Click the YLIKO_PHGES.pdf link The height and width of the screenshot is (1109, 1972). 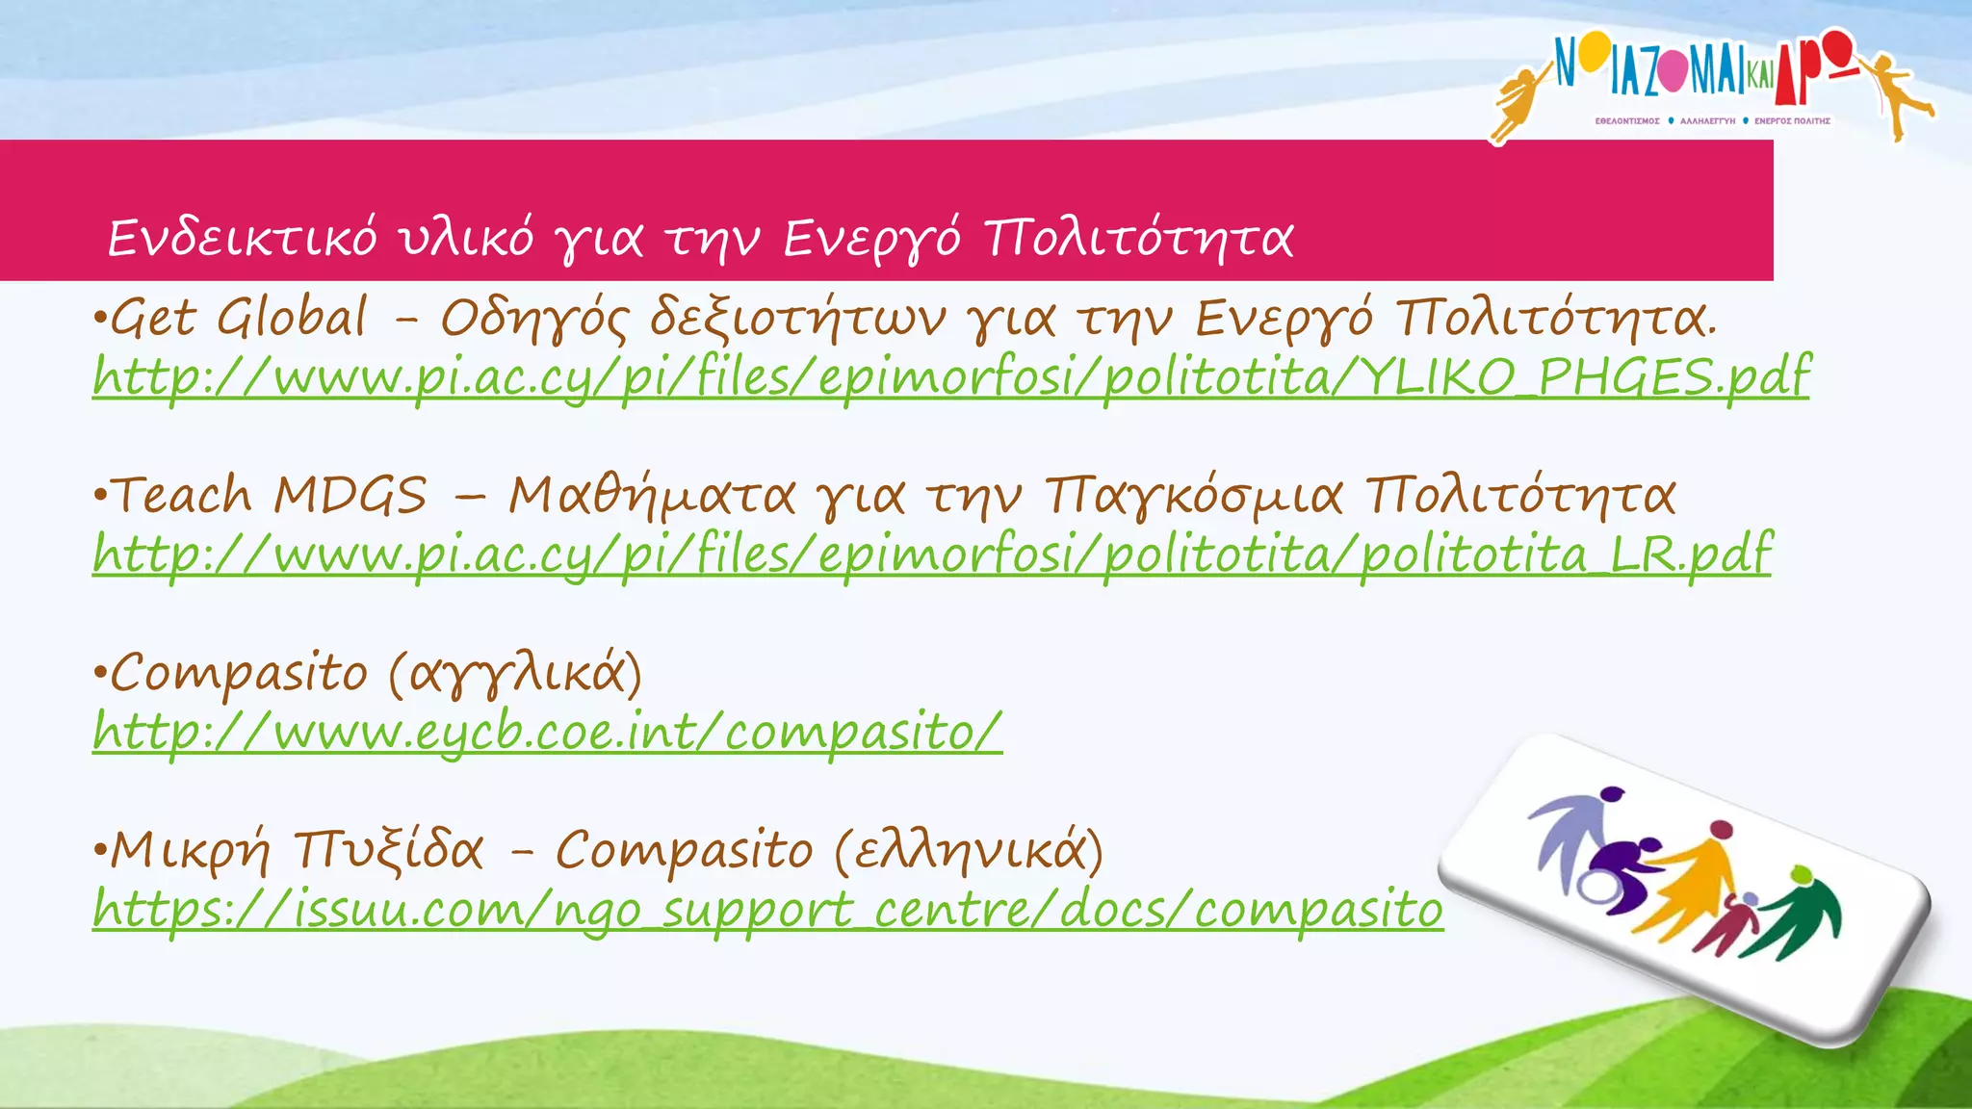click(951, 376)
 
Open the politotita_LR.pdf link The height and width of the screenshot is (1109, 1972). click(932, 554)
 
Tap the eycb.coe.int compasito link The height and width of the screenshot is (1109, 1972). click(547, 733)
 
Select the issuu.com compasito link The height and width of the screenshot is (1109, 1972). click(767, 910)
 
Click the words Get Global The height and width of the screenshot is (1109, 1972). click(240, 318)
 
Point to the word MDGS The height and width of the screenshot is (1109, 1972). click(350, 497)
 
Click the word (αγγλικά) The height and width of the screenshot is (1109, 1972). click(515, 674)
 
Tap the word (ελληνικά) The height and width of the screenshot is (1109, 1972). click(968, 851)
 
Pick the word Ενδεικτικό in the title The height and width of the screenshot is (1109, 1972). click(242, 238)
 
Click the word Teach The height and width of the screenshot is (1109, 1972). click(183, 497)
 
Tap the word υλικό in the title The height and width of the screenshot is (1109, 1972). click(467, 238)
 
